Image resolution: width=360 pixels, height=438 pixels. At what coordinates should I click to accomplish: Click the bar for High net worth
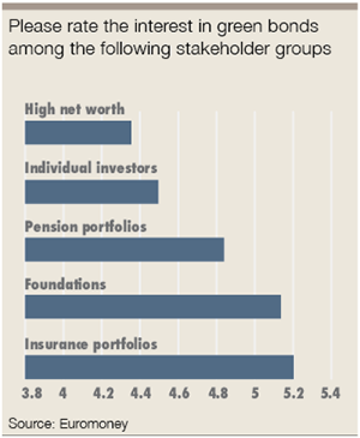(78, 132)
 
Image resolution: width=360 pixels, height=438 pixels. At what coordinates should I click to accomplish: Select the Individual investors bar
(91, 191)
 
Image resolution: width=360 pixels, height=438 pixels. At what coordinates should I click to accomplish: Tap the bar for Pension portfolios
(124, 250)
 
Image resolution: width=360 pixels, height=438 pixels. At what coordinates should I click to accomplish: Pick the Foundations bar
(153, 307)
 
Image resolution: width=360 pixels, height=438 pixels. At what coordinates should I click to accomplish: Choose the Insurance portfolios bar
(159, 366)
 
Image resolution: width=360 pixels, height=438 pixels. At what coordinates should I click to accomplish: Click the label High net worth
(74, 109)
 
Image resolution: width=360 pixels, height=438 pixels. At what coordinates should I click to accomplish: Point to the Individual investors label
(91, 168)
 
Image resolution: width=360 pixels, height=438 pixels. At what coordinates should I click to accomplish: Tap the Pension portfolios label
(85, 226)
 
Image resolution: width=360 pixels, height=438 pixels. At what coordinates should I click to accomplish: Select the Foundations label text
(65, 284)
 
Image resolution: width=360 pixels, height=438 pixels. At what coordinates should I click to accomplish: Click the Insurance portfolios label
(91, 344)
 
